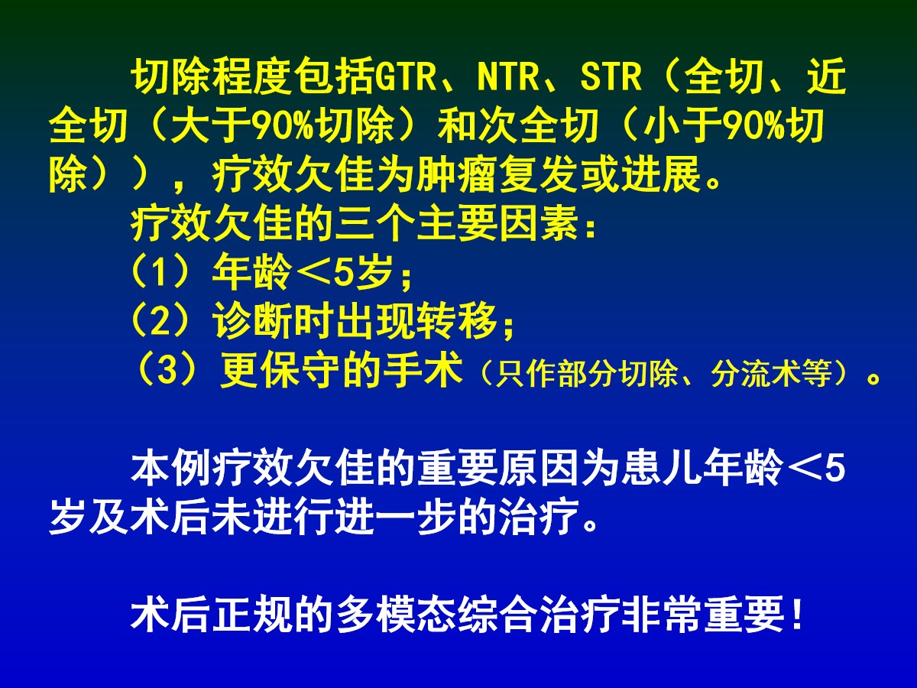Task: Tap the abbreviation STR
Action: [611, 77]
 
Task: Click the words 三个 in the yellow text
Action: [375, 223]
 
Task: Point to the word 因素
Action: [539, 223]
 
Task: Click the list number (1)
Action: [160, 272]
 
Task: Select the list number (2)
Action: [160, 321]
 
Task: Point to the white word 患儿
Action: [661, 467]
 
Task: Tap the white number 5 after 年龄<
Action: [835, 468]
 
